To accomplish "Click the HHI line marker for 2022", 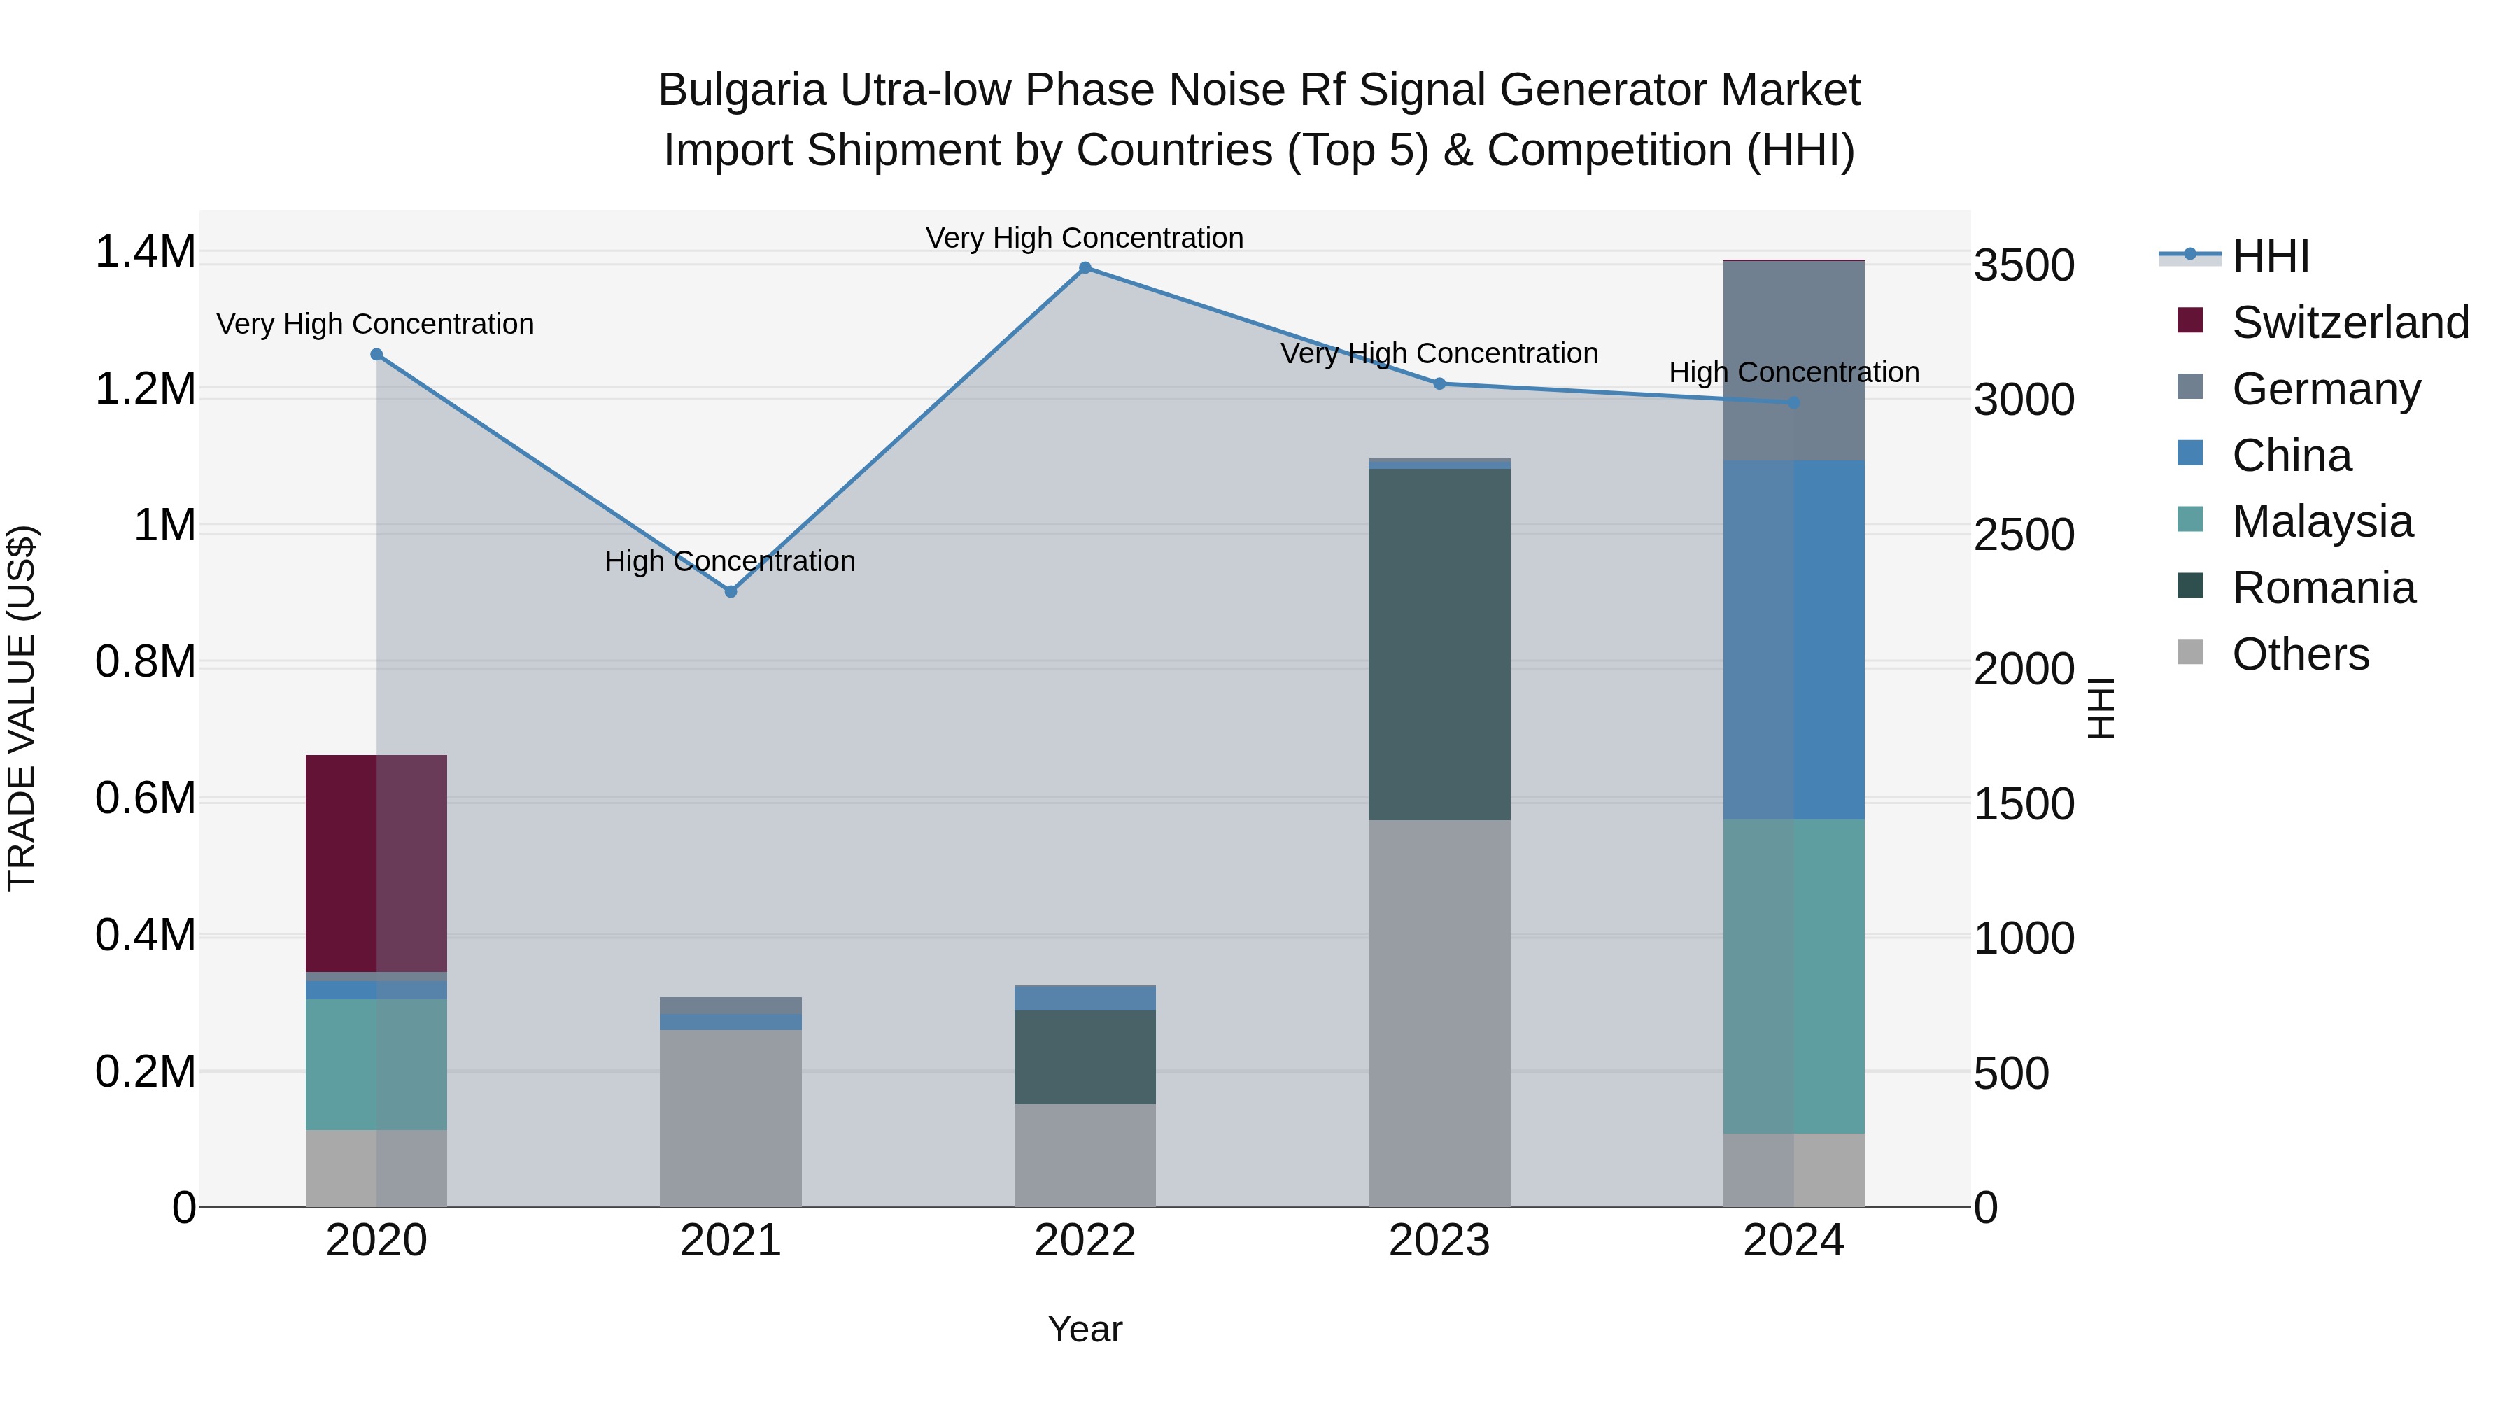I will coord(1085,268).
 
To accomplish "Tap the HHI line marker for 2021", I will coord(731,591).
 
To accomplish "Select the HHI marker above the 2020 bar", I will coord(376,355).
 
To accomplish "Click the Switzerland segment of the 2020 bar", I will coord(376,863).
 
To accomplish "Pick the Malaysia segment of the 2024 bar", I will coord(1793,976).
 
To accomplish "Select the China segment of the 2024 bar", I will coord(1793,640).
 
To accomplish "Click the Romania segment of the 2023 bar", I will coord(1439,644).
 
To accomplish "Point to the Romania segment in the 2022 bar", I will coord(1085,1057).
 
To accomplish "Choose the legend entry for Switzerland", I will coord(2350,323).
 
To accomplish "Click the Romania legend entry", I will coord(2322,588).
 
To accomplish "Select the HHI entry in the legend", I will coord(2270,256).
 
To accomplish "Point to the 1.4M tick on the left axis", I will coord(145,253).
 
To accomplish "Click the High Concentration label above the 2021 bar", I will coord(730,561).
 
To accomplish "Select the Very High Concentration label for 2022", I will coord(1085,239).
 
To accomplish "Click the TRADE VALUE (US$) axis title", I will coord(22,708).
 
